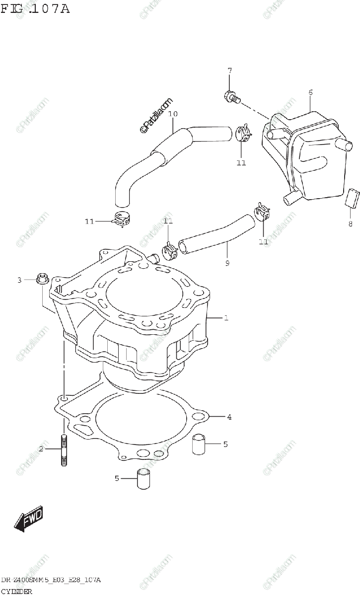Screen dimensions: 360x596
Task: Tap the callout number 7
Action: [229, 71]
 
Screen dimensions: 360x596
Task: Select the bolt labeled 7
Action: [231, 96]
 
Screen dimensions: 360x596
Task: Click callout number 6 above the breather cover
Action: [310, 92]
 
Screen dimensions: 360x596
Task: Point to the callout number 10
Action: [173, 114]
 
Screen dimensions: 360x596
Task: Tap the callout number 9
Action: [227, 263]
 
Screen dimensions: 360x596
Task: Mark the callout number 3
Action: [20, 280]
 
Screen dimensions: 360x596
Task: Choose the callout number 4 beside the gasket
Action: [229, 417]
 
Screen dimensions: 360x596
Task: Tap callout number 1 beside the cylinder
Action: [226, 318]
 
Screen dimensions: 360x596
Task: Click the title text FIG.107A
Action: [35, 8]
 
